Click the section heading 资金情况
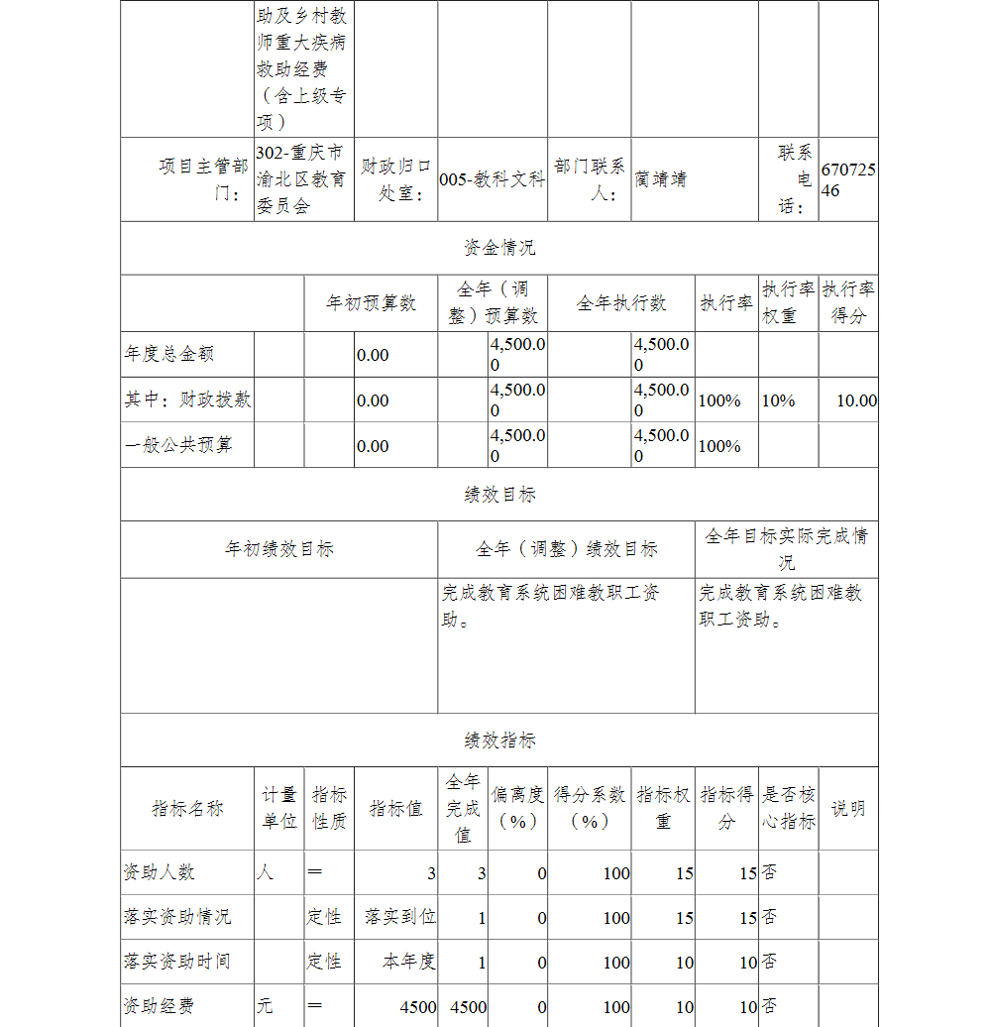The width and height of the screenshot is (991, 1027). [x=499, y=248]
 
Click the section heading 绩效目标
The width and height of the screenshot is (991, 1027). [x=499, y=495]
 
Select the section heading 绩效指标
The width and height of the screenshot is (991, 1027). [x=499, y=741]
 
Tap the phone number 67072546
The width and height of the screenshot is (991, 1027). [x=847, y=179]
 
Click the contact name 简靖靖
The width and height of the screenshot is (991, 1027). [x=660, y=179]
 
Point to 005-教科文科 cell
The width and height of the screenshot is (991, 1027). [x=492, y=179]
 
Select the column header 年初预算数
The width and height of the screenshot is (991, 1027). [x=371, y=303]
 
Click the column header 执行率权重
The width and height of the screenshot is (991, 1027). [x=789, y=302]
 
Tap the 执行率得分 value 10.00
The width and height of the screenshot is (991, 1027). [x=856, y=400]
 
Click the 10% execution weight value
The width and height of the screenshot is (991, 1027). [x=778, y=400]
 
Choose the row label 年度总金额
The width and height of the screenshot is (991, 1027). [x=169, y=354]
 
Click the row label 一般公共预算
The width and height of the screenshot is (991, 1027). [x=178, y=445]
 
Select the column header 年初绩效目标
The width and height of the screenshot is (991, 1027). [x=278, y=549]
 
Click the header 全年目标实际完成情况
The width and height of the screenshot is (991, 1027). [x=786, y=549]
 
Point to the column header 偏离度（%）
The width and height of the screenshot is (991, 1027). [x=518, y=808]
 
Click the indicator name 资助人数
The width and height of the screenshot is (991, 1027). [x=159, y=872]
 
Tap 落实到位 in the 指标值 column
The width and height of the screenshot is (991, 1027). [x=400, y=917]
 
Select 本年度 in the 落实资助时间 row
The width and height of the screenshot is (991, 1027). [x=409, y=962]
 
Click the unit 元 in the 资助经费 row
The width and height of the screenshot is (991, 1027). [x=265, y=1006]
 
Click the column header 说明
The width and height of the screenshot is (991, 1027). [x=847, y=808]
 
